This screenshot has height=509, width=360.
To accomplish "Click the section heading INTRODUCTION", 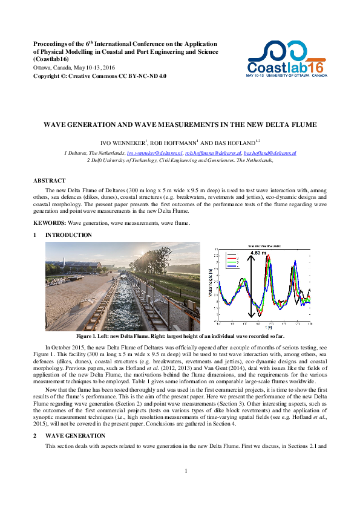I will pos(68,235).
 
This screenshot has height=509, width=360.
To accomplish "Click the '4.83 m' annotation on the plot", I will pos(259,253).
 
